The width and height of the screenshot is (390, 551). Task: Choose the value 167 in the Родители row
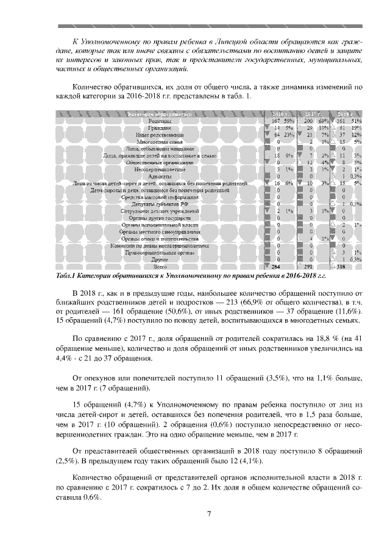point(275,121)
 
